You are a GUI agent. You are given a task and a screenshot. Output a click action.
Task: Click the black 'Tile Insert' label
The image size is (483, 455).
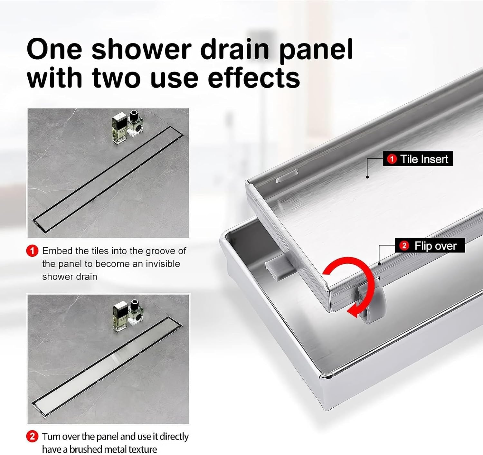pos(418,159)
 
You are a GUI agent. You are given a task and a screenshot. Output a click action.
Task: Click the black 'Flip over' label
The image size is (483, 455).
pos(430,245)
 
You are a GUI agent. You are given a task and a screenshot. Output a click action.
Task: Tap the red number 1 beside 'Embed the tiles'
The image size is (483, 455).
pos(32,251)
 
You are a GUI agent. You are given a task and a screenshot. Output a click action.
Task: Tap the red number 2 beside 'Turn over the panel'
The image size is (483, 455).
pos(32,437)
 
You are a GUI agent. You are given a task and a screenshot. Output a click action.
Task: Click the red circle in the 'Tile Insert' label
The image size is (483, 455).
pos(392,159)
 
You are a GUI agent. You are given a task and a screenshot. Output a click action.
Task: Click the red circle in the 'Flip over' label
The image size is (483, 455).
pos(404,246)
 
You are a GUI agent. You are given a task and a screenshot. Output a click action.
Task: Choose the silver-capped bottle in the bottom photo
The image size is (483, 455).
pos(120,316)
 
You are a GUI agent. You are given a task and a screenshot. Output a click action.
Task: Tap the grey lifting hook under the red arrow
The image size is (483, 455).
pos(372,304)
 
